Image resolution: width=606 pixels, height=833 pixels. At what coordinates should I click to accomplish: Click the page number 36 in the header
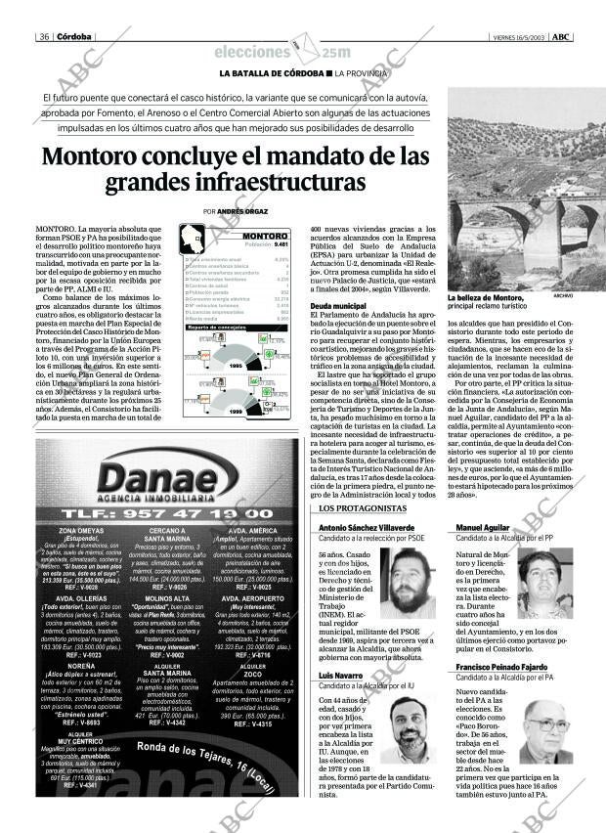point(45,37)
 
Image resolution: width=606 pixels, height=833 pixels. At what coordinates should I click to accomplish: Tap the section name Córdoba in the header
point(74,37)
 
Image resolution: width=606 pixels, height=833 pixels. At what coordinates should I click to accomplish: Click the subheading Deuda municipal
point(337,306)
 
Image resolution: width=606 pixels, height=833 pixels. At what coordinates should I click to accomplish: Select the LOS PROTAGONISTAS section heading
point(349,509)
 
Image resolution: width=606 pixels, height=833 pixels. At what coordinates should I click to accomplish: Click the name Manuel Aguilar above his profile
point(483,527)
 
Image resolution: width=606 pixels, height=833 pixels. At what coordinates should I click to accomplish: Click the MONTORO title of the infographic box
point(263,237)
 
